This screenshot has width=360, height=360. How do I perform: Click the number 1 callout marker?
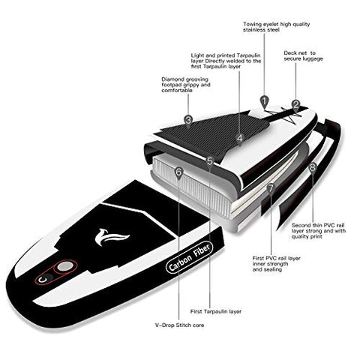point(264,101)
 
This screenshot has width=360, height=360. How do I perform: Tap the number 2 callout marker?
point(295,105)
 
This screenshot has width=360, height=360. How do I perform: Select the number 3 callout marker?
point(188,121)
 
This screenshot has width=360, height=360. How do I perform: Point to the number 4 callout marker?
point(240,138)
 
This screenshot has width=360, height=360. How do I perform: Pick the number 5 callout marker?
point(209,161)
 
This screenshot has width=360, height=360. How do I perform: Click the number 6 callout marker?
point(178,172)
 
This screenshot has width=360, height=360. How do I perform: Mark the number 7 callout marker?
point(271,188)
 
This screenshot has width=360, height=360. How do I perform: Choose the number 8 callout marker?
point(313,167)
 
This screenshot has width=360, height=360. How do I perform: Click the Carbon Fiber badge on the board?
point(190,257)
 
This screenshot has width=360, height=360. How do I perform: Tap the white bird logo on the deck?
point(110,237)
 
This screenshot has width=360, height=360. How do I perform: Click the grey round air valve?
point(65,266)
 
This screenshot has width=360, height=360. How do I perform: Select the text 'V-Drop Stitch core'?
point(179,325)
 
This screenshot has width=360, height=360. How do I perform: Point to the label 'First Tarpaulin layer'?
point(216,311)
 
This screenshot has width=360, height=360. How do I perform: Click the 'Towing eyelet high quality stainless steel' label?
point(276,27)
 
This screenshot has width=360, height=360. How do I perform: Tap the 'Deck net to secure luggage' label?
point(303,55)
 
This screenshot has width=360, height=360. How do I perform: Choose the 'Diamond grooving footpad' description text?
point(186,85)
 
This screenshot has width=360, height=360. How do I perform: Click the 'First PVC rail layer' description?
point(276,264)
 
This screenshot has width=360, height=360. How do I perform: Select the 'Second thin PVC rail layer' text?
point(319,231)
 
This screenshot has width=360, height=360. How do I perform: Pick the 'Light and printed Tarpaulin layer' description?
point(226,61)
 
